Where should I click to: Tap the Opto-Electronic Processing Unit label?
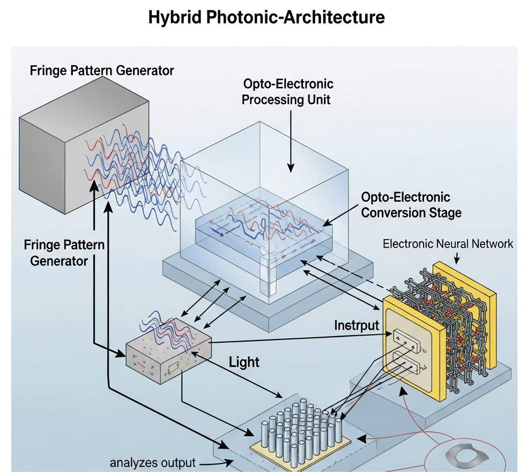coord(288,92)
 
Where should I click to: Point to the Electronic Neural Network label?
coord(448,244)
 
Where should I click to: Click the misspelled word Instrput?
coord(357,325)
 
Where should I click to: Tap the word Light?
coord(244,362)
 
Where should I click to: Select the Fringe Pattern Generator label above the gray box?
coord(102,70)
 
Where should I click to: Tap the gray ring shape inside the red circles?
coord(470,457)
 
